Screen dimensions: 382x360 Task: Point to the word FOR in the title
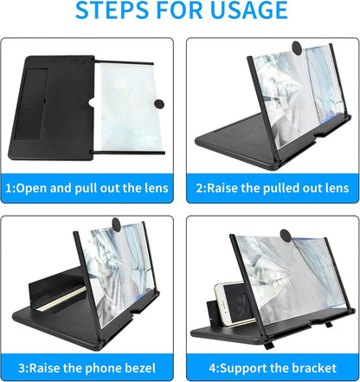180,11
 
